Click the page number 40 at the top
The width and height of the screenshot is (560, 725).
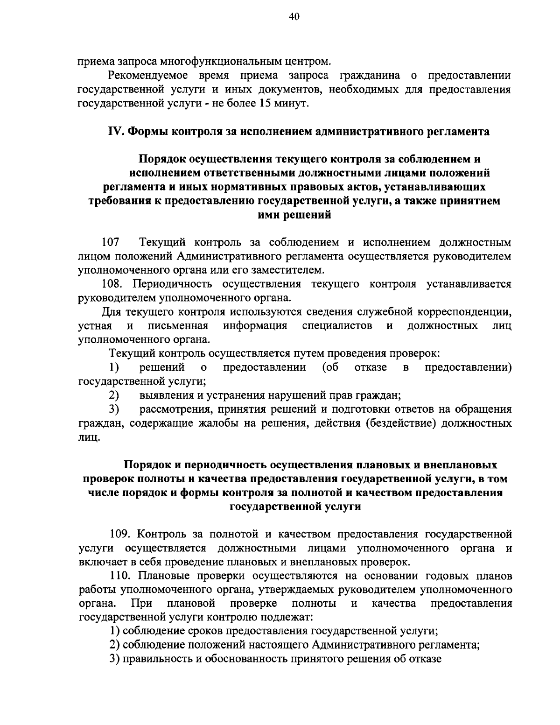[x=294, y=17]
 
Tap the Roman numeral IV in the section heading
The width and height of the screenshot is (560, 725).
[x=115, y=131]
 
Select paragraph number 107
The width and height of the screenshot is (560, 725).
[x=111, y=243]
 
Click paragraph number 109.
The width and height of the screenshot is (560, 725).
[x=121, y=534]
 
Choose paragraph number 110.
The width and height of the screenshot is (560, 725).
[x=121, y=575]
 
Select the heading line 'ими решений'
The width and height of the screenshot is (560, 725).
[x=294, y=215]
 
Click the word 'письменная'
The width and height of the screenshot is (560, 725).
[x=178, y=325]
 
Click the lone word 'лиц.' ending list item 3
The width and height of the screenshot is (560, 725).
[x=89, y=437]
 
